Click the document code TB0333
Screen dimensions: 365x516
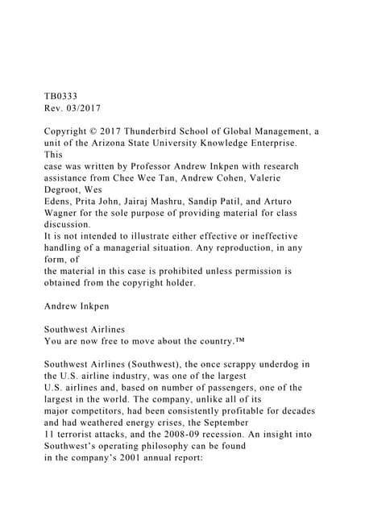point(61,94)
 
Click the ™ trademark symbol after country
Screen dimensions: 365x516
point(244,341)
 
